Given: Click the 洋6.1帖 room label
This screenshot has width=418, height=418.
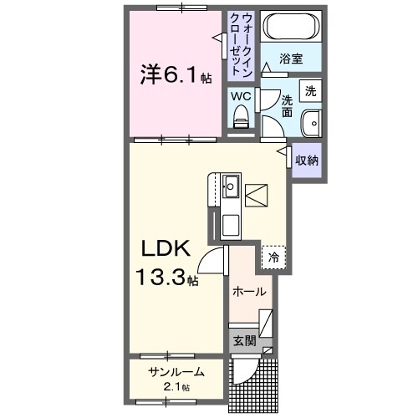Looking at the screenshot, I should click(175, 75).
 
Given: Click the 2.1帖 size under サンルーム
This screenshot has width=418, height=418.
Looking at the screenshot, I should click(176, 387).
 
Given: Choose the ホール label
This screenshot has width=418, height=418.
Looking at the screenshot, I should click(250, 292).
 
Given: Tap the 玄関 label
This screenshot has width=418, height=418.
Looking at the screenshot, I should click(244, 340).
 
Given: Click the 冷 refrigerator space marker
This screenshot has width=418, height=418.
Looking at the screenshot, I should click(273, 258).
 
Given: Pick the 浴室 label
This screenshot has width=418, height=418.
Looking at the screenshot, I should click(291, 60).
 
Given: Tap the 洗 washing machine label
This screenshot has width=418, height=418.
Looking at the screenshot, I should click(310, 90).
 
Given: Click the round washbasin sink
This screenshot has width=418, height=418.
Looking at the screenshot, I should click(311, 121).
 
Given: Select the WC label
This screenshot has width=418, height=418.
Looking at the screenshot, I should click(241, 96).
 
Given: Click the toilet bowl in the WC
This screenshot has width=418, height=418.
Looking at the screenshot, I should click(241, 121).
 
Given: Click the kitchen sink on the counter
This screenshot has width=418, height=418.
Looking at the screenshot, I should click(230, 186).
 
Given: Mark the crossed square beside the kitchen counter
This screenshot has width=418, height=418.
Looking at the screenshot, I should click(257, 194).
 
